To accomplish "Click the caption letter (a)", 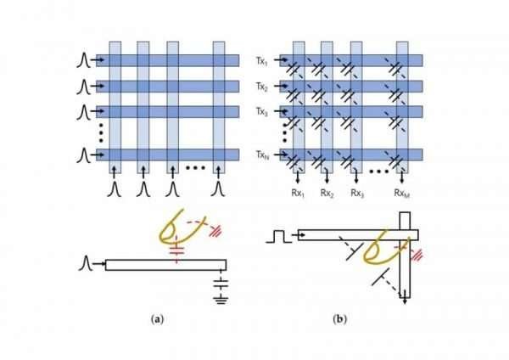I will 156,319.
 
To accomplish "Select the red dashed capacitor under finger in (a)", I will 178,250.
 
